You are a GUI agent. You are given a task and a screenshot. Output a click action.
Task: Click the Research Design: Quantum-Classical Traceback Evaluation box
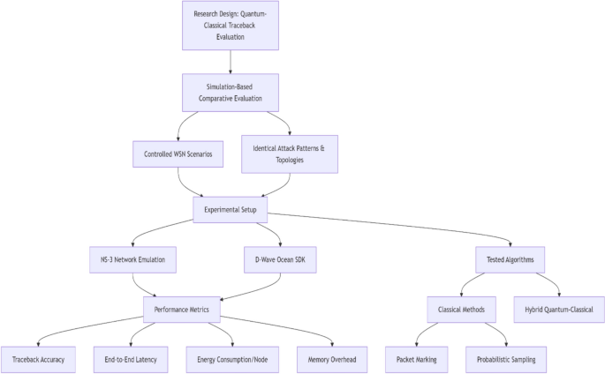point(231,25)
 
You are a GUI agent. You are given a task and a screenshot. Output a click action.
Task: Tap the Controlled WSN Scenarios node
point(178,154)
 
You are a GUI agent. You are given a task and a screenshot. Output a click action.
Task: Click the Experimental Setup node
point(231,210)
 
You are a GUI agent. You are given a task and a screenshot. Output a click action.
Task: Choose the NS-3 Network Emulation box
point(133,259)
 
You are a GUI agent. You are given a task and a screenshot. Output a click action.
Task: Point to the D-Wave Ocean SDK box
point(280,259)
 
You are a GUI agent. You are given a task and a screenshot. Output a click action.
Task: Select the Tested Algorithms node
point(510,259)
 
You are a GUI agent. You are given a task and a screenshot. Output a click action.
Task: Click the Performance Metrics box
point(181,310)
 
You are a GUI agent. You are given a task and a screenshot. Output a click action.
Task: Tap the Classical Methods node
point(461,310)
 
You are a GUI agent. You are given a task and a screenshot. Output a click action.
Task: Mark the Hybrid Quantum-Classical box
point(559,310)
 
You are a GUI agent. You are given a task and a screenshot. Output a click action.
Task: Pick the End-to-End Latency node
point(130,359)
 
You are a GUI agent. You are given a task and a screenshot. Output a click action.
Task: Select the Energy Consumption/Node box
point(232,359)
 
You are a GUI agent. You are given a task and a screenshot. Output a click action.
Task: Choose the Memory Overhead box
point(332,359)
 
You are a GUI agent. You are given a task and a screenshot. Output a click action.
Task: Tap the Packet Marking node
point(417,359)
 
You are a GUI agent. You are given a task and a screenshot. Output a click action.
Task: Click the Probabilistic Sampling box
point(507,359)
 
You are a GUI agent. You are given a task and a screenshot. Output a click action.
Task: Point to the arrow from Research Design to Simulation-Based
point(231,61)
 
